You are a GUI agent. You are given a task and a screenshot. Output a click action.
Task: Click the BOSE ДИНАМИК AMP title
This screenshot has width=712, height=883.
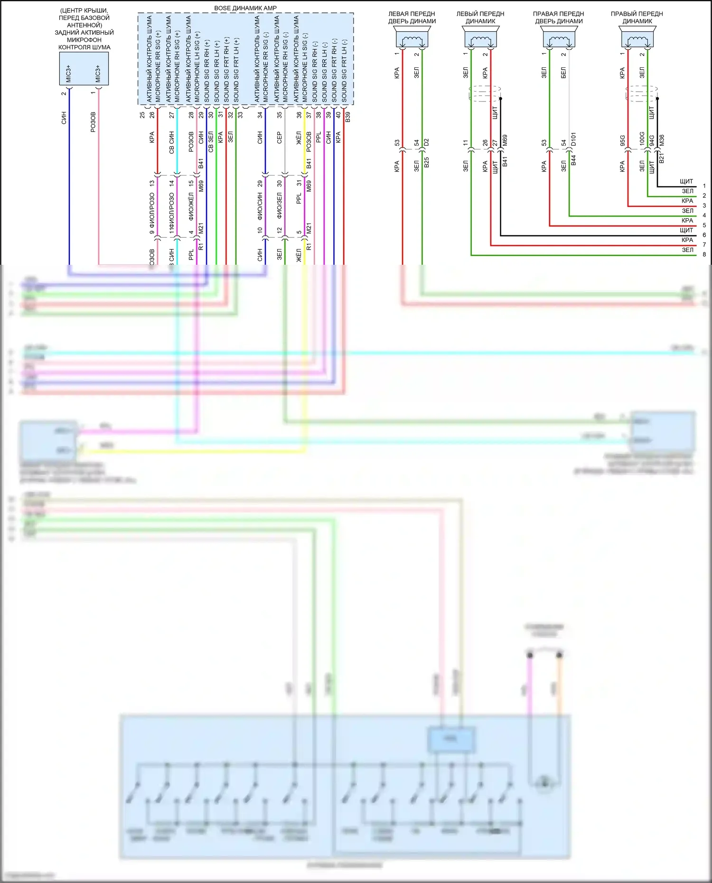coord(245,8)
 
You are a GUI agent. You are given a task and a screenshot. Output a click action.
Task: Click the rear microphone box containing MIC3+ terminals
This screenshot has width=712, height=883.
coord(84,69)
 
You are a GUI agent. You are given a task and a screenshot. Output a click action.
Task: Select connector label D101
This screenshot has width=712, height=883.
coord(573,139)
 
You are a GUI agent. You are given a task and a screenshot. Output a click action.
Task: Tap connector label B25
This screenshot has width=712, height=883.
coord(426,162)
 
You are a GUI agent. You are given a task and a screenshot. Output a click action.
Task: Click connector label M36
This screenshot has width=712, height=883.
coord(662,140)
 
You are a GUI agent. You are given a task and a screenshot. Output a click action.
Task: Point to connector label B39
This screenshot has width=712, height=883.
coord(348,117)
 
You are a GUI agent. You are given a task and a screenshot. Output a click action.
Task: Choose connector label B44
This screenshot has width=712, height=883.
coord(573,160)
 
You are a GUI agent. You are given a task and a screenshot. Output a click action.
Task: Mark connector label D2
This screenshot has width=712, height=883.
coord(426,142)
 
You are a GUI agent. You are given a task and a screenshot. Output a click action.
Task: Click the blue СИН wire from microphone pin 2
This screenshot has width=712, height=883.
coord(69,190)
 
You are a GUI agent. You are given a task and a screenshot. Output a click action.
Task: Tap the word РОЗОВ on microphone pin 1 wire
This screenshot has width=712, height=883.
coord(93,122)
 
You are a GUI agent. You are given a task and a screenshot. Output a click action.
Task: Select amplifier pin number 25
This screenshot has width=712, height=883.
coord(142,115)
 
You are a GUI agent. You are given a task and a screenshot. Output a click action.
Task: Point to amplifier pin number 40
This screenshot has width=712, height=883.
coord(338,115)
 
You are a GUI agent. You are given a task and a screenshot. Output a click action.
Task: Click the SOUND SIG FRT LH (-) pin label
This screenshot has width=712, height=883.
coord(344,71)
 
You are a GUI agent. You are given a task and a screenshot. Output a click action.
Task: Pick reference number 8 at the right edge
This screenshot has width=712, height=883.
coord(704,254)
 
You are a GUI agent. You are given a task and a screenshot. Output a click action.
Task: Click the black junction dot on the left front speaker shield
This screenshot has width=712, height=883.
coord(500,99)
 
